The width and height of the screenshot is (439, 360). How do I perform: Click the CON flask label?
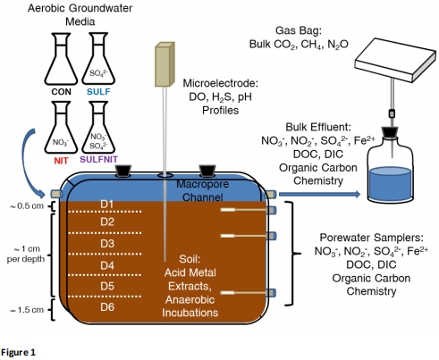[62, 92]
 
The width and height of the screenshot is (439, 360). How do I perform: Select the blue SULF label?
[98, 92]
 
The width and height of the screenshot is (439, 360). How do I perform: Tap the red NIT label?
[61, 161]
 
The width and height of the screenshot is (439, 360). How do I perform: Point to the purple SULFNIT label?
[98, 159]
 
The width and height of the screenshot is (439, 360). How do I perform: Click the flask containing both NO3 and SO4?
[98, 127]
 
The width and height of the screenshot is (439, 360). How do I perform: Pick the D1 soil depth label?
[107, 205]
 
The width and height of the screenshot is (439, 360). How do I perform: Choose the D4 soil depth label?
[107, 265]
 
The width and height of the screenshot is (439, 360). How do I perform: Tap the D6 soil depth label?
[107, 307]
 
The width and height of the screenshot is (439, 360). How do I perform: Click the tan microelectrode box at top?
[165, 64]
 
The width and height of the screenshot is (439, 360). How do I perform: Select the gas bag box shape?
[395, 63]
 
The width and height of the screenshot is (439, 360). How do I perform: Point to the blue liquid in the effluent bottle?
[391, 184]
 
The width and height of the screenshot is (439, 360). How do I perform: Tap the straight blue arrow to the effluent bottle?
[319, 195]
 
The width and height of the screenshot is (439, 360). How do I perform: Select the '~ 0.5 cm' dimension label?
[27, 206]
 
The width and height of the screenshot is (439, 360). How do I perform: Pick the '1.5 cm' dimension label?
[28, 310]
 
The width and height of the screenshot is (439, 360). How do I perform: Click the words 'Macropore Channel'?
[203, 190]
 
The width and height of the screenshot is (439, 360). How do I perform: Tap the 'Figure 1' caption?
[18, 353]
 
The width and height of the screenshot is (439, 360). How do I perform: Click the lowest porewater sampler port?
[271, 293]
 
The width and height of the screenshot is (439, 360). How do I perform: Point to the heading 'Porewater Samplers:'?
[371, 238]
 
